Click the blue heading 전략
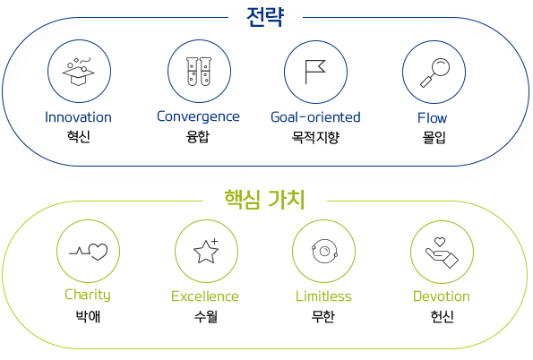[x=265, y=17]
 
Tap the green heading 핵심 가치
[x=264, y=200]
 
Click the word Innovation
[x=78, y=117]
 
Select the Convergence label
[x=198, y=117]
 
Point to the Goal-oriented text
[x=315, y=117]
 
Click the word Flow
[x=433, y=118]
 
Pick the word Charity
[x=88, y=295]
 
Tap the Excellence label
[x=205, y=296]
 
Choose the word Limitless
[x=323, y=296]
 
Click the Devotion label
[x=442, y=296]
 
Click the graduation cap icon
[x=79, y=72]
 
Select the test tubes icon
[x=199, y=72]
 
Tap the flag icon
[x=315, y=72]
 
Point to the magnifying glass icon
[x=434, y=73]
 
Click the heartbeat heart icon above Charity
[x=89, y=252]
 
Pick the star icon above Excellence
[x=206, y=252]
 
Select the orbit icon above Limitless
[x=324, y=252]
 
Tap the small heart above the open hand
[x=440, y=242]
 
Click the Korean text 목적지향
[x=315, y=137]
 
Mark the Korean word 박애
[x=88, y=316]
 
